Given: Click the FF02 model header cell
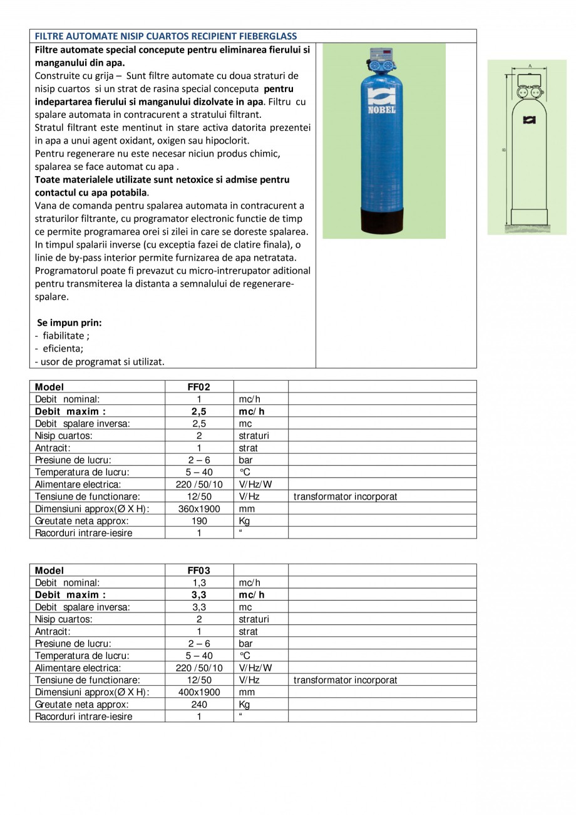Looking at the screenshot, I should point(199,387).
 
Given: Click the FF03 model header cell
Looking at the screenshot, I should point(199,570).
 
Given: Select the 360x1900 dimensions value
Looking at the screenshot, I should point(199,508).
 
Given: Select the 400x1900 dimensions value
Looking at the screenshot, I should point(199,692).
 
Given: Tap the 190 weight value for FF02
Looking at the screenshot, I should point(199,520).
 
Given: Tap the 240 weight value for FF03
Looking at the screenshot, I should point(199,704).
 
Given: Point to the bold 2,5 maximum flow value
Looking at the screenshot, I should point(199,411).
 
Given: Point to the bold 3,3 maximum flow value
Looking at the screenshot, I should point(199,595).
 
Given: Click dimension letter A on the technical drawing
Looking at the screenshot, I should point(529,65).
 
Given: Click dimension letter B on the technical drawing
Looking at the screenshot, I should point(505,149).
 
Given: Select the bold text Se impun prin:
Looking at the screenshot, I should point(69,323).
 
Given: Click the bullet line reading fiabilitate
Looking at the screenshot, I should point(63,335).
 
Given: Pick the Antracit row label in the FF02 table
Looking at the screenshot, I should point(53,448).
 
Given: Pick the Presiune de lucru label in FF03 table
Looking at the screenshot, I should point(73,643).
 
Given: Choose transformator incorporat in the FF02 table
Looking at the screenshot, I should point(345,497).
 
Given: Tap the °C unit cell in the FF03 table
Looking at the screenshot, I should point(245,656).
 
